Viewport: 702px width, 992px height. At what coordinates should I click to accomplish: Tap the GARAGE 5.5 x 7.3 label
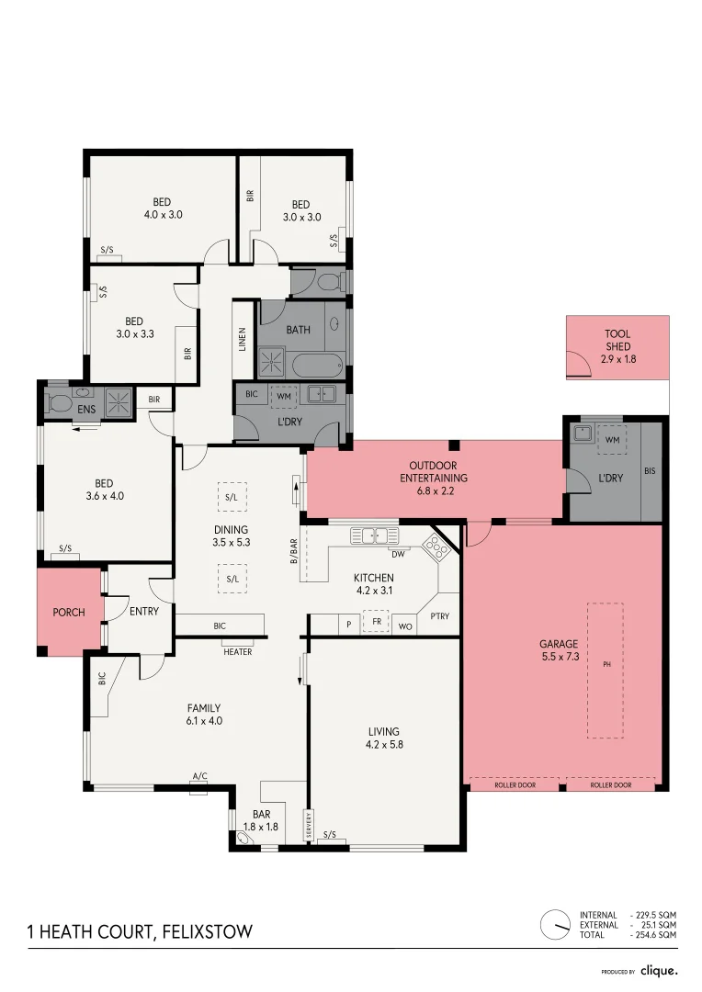(x=559, y=650)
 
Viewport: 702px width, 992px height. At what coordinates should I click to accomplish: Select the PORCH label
(x=68, y=613)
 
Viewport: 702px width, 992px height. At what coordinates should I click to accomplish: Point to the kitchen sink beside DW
(x=373, y=535)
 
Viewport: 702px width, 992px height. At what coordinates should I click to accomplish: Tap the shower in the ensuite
(x=118, y=402)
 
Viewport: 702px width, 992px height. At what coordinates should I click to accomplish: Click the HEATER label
(x=237, y=652)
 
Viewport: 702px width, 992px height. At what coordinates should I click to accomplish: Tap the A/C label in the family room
(x=199, y=776)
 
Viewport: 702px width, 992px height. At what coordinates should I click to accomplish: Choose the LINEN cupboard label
(x=243, y=340)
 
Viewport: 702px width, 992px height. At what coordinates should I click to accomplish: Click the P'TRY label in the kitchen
(x=439, y=616)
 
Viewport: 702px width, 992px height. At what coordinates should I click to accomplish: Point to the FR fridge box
(x=376, y=623)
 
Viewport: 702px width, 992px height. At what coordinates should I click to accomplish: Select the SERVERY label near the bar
(x=309, y=825)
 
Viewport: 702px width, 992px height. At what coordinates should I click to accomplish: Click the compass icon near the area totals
(x=556, y=925)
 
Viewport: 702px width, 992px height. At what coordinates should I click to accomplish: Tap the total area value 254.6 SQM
(x=656, y=935)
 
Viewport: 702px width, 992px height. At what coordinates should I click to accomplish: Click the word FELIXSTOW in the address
(x=206, y=932)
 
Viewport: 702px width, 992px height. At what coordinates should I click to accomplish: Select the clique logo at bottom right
(x=659, y=970)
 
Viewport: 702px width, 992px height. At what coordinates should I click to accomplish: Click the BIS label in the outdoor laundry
(x=651, y=470)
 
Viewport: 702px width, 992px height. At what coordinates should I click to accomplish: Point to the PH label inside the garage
(x=606, y=663)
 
